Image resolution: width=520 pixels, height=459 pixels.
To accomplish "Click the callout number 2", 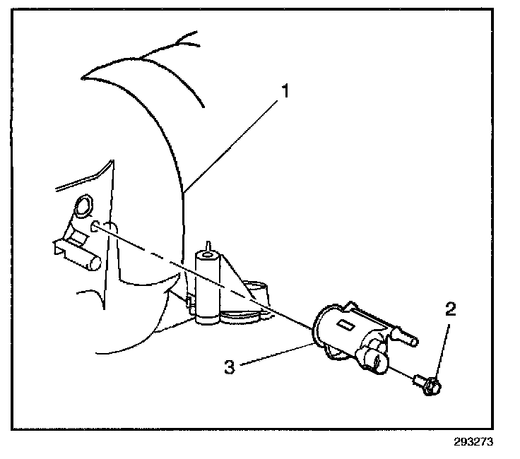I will [x=449, y=309].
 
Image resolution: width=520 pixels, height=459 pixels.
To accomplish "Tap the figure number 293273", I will [x=469, y=444].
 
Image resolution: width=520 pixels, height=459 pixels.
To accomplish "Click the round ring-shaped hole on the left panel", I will [x=82, y=207].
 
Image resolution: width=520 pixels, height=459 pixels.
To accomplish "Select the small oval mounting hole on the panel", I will [x=97, y=226].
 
